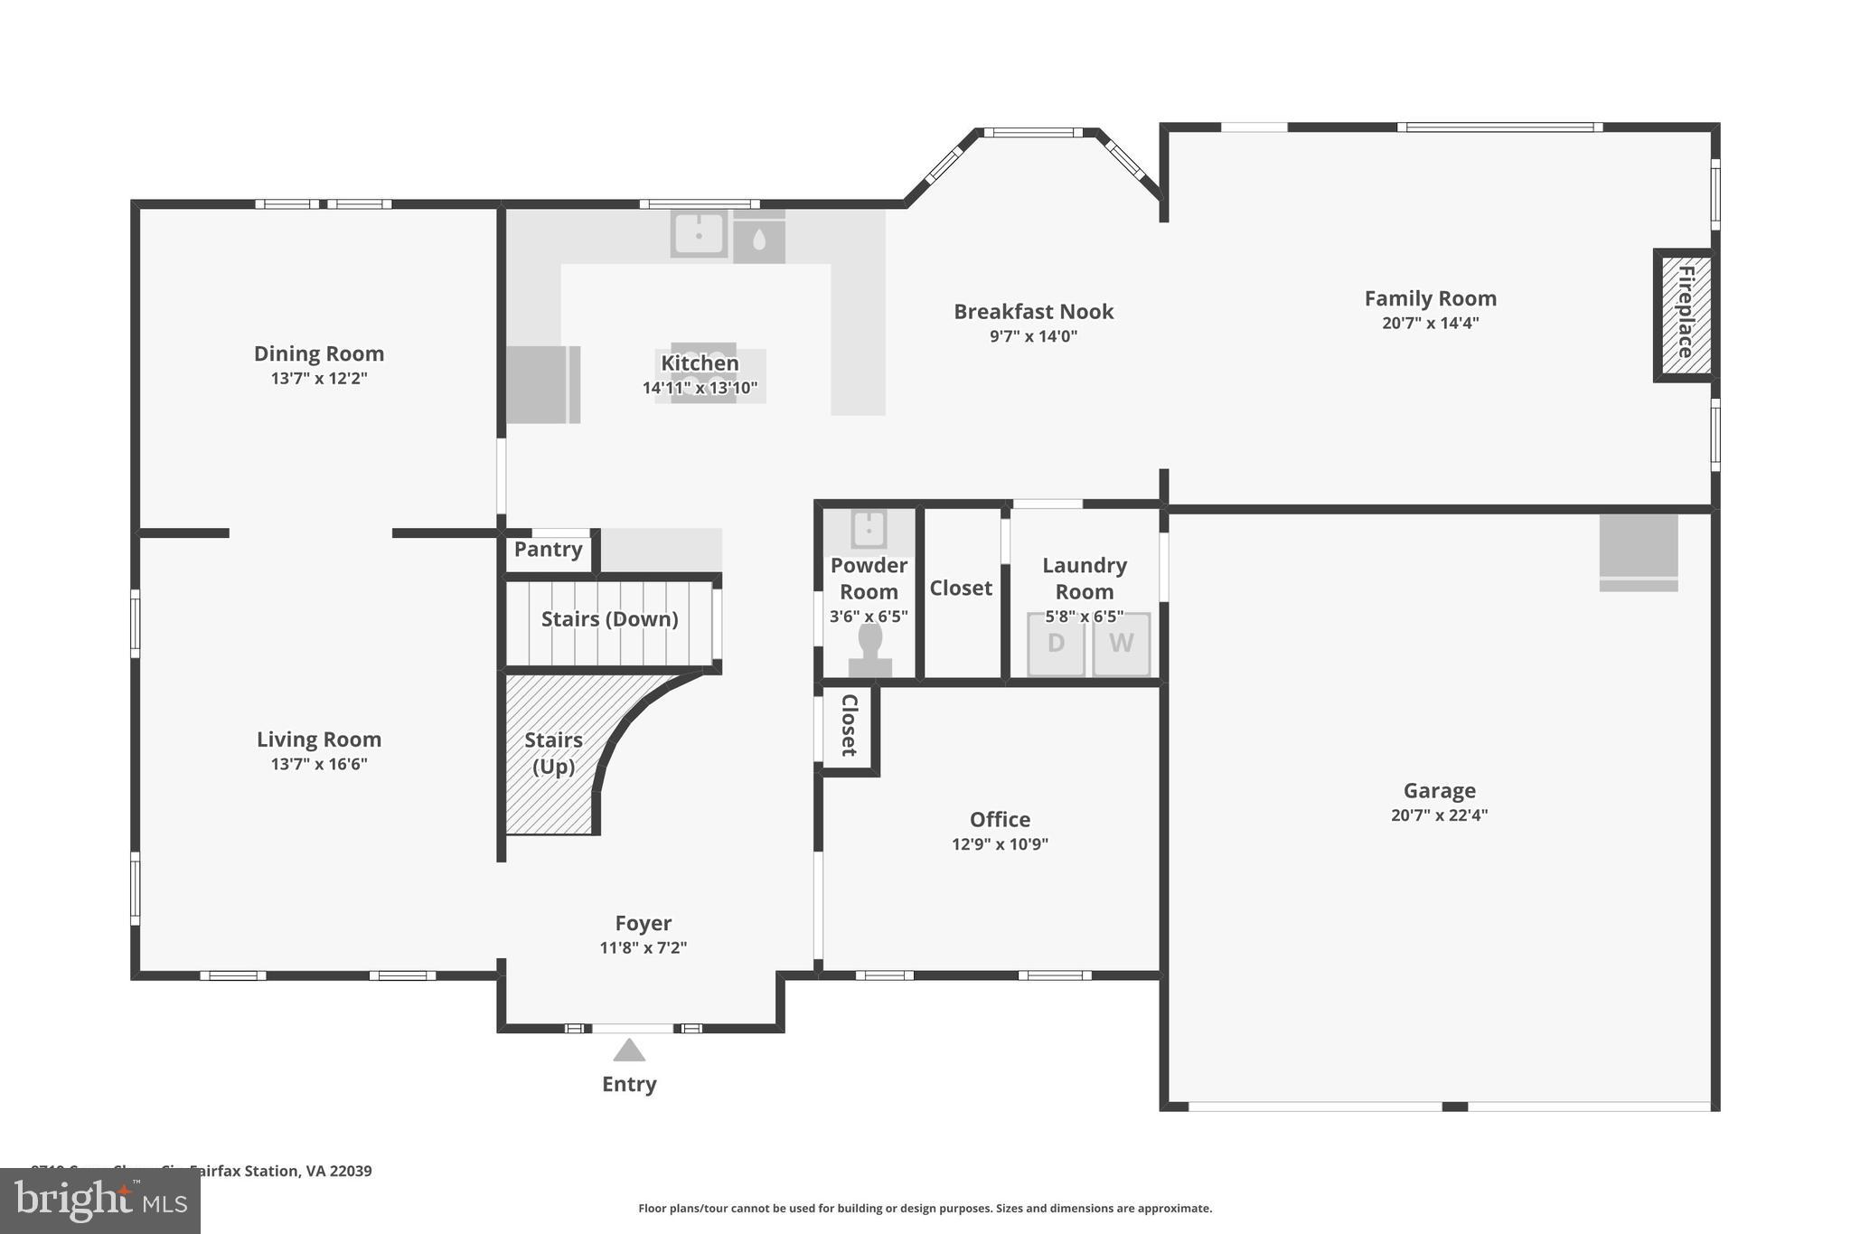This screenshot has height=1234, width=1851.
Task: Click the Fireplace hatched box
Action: pos(1685,314)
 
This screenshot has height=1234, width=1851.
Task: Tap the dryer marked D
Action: pos(1056,644)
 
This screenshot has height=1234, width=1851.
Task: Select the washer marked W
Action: pos(1121,644)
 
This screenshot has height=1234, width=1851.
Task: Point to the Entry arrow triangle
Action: pos(629,1050)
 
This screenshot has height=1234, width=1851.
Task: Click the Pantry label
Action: pos(548,550)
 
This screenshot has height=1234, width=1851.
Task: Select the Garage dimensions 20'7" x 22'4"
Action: pos(1439,815)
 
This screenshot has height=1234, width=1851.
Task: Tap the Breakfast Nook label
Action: pos(1033,312)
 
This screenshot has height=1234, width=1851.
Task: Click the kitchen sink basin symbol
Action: pos(699,233)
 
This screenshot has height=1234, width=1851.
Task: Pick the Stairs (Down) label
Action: pos(609,619)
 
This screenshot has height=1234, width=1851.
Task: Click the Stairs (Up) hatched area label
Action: pos(553,753)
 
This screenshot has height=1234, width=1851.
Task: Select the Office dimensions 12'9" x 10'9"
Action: pos(1000,844)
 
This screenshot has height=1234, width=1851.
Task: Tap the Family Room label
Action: pos(1430,298)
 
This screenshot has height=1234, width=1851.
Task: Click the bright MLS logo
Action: pos(99,1201)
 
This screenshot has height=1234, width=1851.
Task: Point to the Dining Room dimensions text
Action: pos(319,379)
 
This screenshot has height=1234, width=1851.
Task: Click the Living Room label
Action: pos(319,739)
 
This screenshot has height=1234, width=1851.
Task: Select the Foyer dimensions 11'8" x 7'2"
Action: pos(643,948)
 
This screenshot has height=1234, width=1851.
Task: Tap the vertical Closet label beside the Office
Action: pos(849,726)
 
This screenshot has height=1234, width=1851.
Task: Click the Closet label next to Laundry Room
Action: pos(961,589)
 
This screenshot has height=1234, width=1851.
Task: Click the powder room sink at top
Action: pos(869,529)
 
